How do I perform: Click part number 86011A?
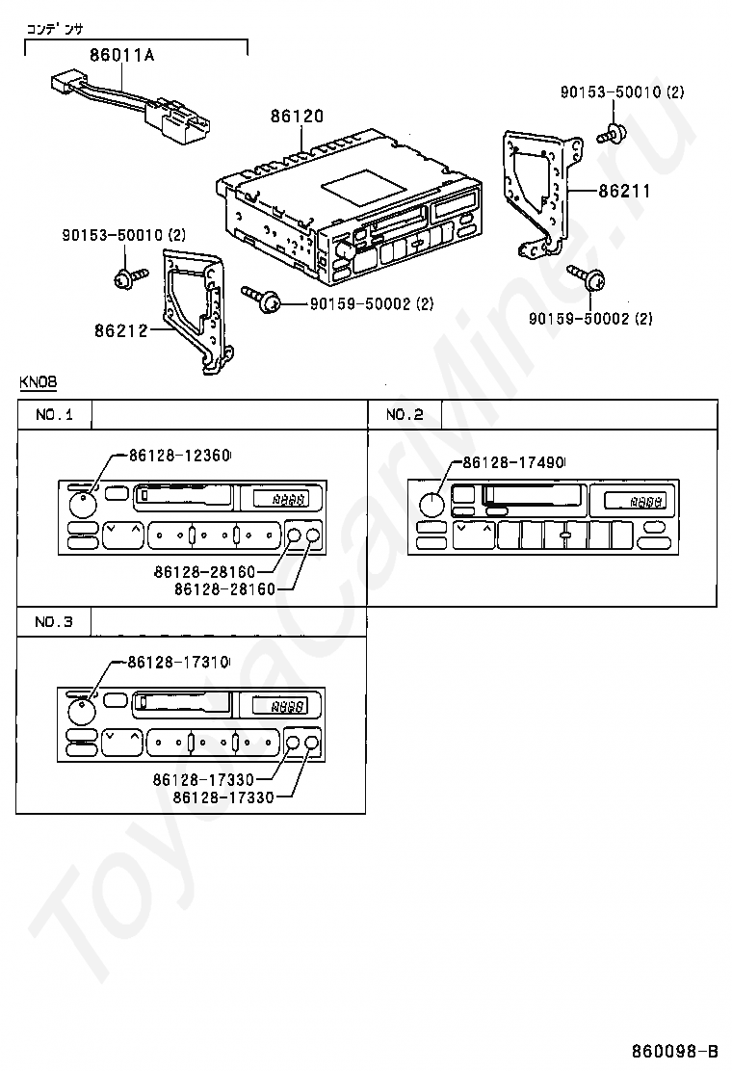pyautogui.click(x=121, y=55)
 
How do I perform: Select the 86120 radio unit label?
pyautogui.click(x=297, y=117)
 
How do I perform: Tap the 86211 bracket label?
pyautogui.click(x=624, y=192)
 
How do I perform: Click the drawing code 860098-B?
pyautogui.click(x=674, y=1050)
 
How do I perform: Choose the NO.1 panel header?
pyautogui.click(x=54, y=415)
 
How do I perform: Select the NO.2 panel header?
pyautogui.click(x=405, y=415)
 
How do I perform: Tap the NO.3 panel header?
pyautogui.click(x=54, y=622)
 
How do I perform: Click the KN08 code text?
pyautogui.click(x=38, y=382)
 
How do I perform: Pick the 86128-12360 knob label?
pyautogui.click(x=179, y=456)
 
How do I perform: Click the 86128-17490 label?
pyautogui.click(x=514, y=463)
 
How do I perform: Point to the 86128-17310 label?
pyautogui.click(x=179, y=663)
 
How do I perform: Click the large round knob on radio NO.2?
pyautogui.click(x=432, y=505)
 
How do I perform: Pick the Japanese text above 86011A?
pyautogui.click(x=54, y=29)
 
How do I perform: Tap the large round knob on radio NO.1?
pyautogui.click(x=83, y=504)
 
